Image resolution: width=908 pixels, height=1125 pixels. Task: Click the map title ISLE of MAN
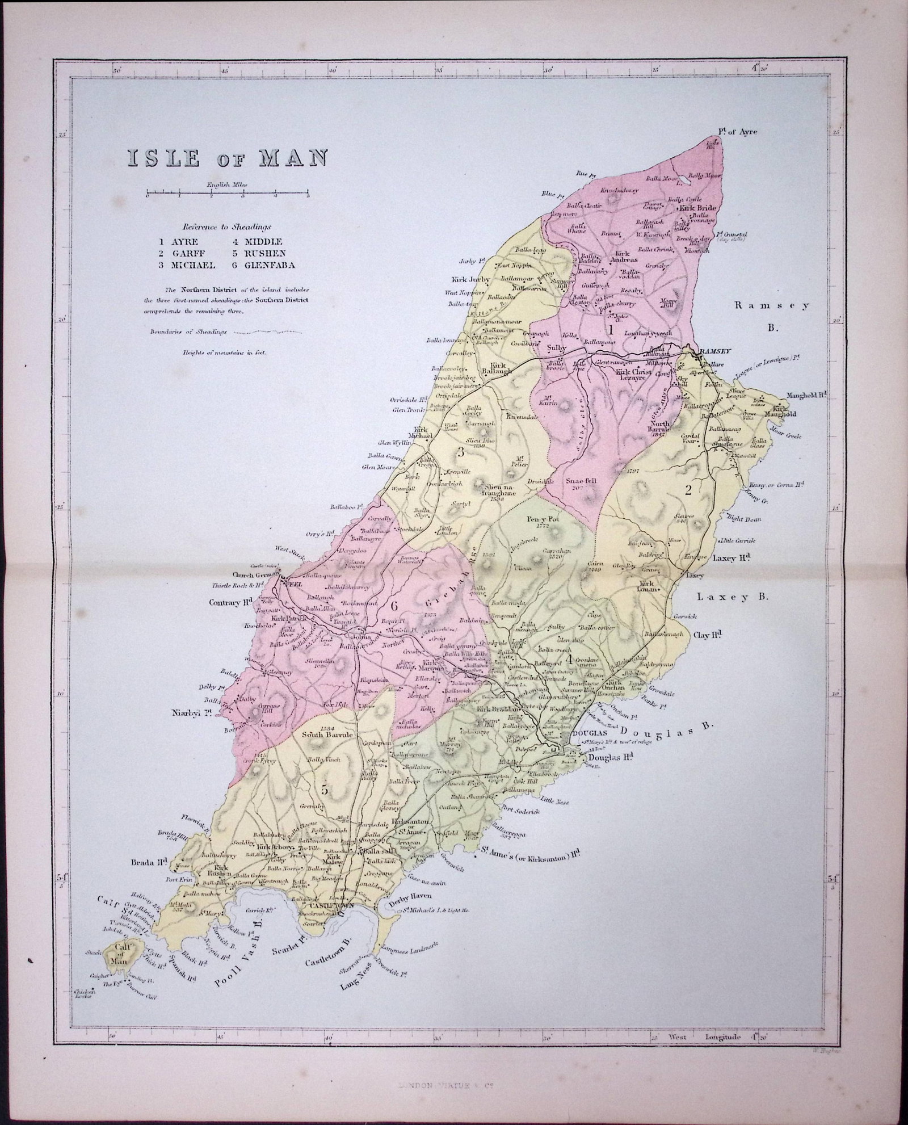221,158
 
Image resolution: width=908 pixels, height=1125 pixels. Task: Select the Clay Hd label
711,634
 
